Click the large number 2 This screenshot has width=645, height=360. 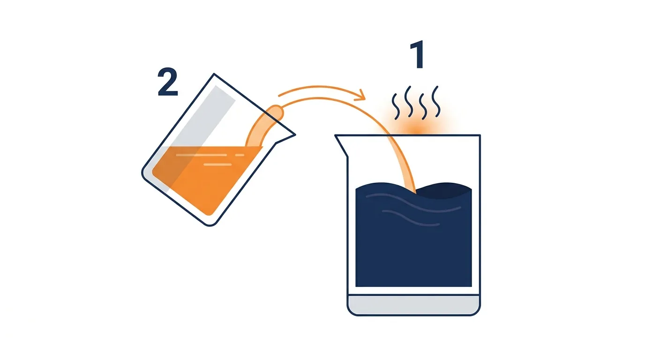168,82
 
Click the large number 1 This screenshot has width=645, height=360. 418,54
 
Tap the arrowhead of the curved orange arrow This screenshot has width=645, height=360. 360,95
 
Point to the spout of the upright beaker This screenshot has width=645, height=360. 342,145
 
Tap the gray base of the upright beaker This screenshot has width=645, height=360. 413,305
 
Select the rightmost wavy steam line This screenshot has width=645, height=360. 436,101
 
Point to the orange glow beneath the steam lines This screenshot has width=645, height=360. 416,127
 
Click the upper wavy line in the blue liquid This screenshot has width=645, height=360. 413,203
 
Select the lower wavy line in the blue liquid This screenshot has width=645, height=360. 411,218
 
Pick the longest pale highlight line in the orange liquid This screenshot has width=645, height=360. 201,155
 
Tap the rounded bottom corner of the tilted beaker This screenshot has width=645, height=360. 210,224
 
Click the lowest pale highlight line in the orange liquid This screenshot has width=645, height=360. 217,165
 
